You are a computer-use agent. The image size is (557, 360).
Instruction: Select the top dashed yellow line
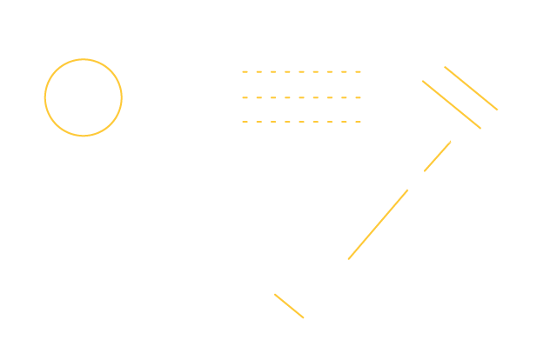(x=301, y=71)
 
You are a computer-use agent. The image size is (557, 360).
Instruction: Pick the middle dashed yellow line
(x=301, y=97)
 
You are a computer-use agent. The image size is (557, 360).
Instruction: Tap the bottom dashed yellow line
(x=301, y=122)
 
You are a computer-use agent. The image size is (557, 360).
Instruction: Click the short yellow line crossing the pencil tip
(x=288, y=306)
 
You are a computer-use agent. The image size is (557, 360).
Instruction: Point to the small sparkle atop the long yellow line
(x=410, y=187)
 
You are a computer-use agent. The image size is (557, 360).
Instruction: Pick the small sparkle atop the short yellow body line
(x=453, y=139)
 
